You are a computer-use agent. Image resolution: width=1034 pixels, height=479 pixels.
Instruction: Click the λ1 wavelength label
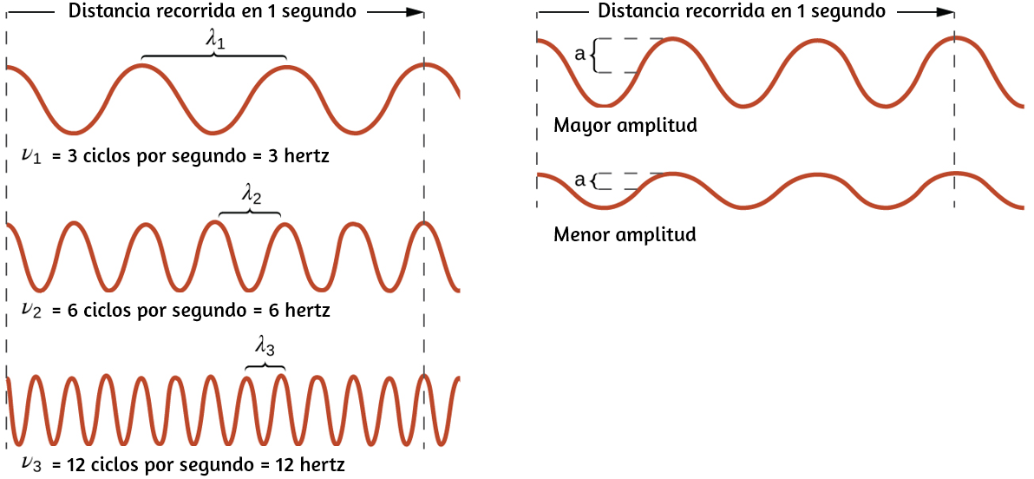(x=216, y=40)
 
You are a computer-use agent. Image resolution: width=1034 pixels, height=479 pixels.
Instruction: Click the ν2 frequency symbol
(x=31, y=311)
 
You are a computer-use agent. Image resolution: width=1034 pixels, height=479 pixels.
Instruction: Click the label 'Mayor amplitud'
(x=625, y=125)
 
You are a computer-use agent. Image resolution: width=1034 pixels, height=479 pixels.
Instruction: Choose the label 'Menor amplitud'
(x=625, y=234)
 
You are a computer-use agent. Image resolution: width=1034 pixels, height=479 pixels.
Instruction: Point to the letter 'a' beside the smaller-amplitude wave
(x=580, y=180)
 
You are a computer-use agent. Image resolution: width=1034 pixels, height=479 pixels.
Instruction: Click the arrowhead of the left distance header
(x=415, y=11)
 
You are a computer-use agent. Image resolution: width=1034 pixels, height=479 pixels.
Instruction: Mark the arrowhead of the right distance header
(x=945, y=11)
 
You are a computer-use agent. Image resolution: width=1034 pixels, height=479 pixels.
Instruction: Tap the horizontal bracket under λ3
(x=265, y=364)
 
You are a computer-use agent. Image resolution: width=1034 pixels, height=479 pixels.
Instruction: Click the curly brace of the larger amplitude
(x=594, y=56)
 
